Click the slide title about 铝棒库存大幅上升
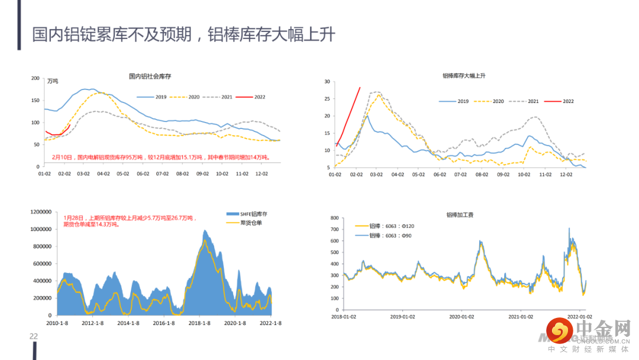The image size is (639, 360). click(x=183, y=34)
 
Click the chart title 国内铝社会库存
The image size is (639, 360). click(x=150, y=76)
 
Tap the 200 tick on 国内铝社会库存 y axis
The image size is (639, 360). click(x=35, y=78)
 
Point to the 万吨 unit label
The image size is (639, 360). click(x=53, y=81)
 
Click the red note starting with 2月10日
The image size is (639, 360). click(x=160, y=157)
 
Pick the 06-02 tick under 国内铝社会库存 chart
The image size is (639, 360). click(x=143, y=174)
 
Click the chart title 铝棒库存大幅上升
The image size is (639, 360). click(x=464, y=76)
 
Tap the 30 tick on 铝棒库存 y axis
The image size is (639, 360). click(x=327, y=81)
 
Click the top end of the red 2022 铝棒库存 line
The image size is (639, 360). click(x=360, y=88)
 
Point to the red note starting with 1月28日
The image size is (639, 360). click(x=130, y=221)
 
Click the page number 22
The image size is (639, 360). click(x=34, y=336)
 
